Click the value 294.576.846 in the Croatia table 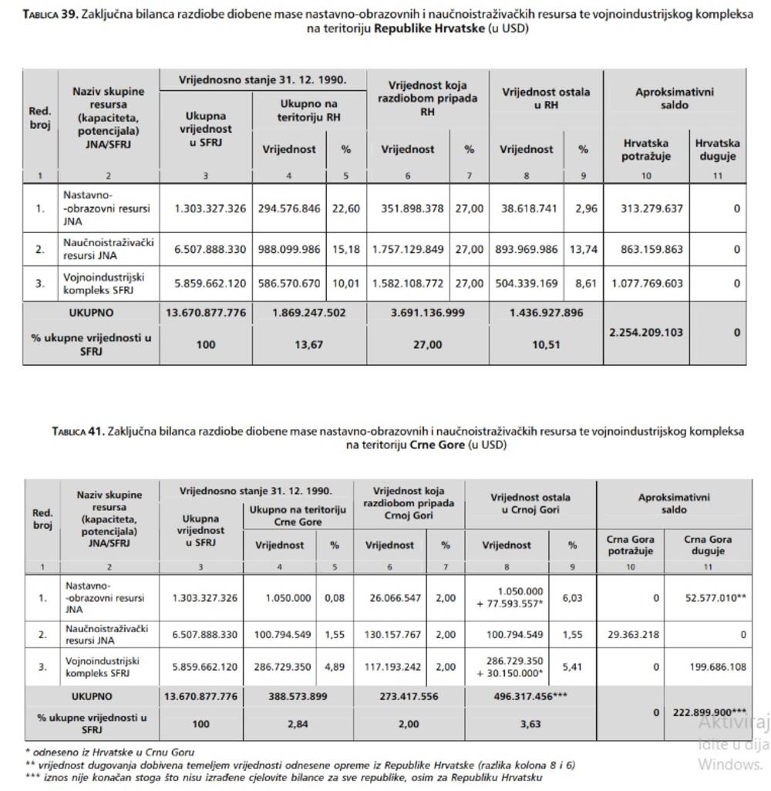click(289, 208)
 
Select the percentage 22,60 click(345, 208)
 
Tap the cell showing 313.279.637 click(647, 208)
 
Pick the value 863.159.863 click(647, 249)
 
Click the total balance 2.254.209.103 click(647, 333)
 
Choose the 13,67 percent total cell click(308, 345)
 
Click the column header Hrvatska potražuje click(646, 150)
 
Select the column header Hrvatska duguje click(717, 150)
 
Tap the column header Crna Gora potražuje click(631, 545)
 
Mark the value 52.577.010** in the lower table click(716, 598)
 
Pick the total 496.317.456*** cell click(531, 696)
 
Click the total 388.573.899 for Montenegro click(298, 696)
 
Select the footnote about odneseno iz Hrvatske click(110, 752)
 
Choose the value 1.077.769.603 click(647, 283)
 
